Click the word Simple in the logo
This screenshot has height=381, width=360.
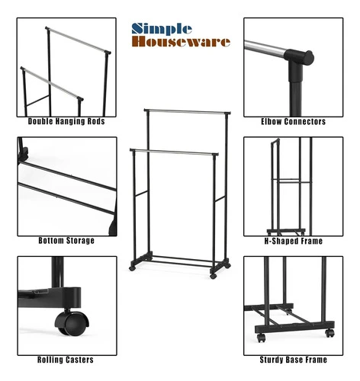click(162, 30)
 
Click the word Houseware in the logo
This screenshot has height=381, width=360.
click(181, 42)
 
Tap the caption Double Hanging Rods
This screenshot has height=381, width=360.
click(66, 121)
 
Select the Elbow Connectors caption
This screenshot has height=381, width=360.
click(294, 122)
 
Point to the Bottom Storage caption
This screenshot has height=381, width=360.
click(66, 241)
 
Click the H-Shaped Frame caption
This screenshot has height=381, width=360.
click(294, 241)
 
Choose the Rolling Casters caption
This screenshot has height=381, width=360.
click(66, 360)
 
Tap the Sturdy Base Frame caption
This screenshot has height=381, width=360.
click(294, 360)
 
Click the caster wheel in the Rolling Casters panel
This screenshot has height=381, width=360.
click(72, 323)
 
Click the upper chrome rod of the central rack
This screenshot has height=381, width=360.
click(187, 111)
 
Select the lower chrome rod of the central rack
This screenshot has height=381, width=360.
click(174, 152)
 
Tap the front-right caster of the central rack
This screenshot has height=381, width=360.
click(213, 276)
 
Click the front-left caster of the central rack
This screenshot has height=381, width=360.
click(132, 268)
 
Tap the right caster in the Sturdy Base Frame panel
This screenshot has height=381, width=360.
click(329, 333)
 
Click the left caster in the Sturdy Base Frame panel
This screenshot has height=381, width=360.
click(261, 338)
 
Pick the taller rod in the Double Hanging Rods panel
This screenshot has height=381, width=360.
click(78, 40)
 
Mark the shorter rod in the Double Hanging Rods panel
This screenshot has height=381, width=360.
click(52, 83)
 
